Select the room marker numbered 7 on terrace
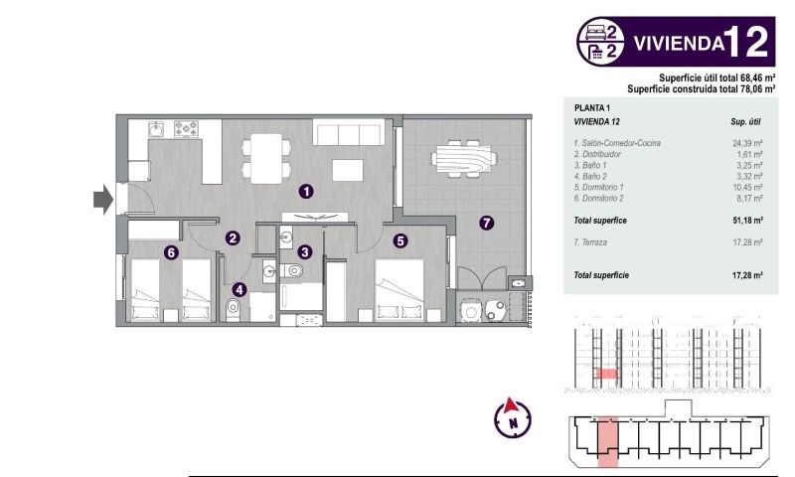tap(485, 223)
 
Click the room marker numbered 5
tap(400, 239)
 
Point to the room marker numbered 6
tap(171, 252)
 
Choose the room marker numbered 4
tap(238, 290)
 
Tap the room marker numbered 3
tap(306, 252)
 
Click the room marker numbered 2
tap(232, 238)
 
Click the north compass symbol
tap(513, 417)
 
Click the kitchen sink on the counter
tap(157, 128)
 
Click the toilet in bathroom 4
tap(234, 308)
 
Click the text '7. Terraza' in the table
tap(592, 241)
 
